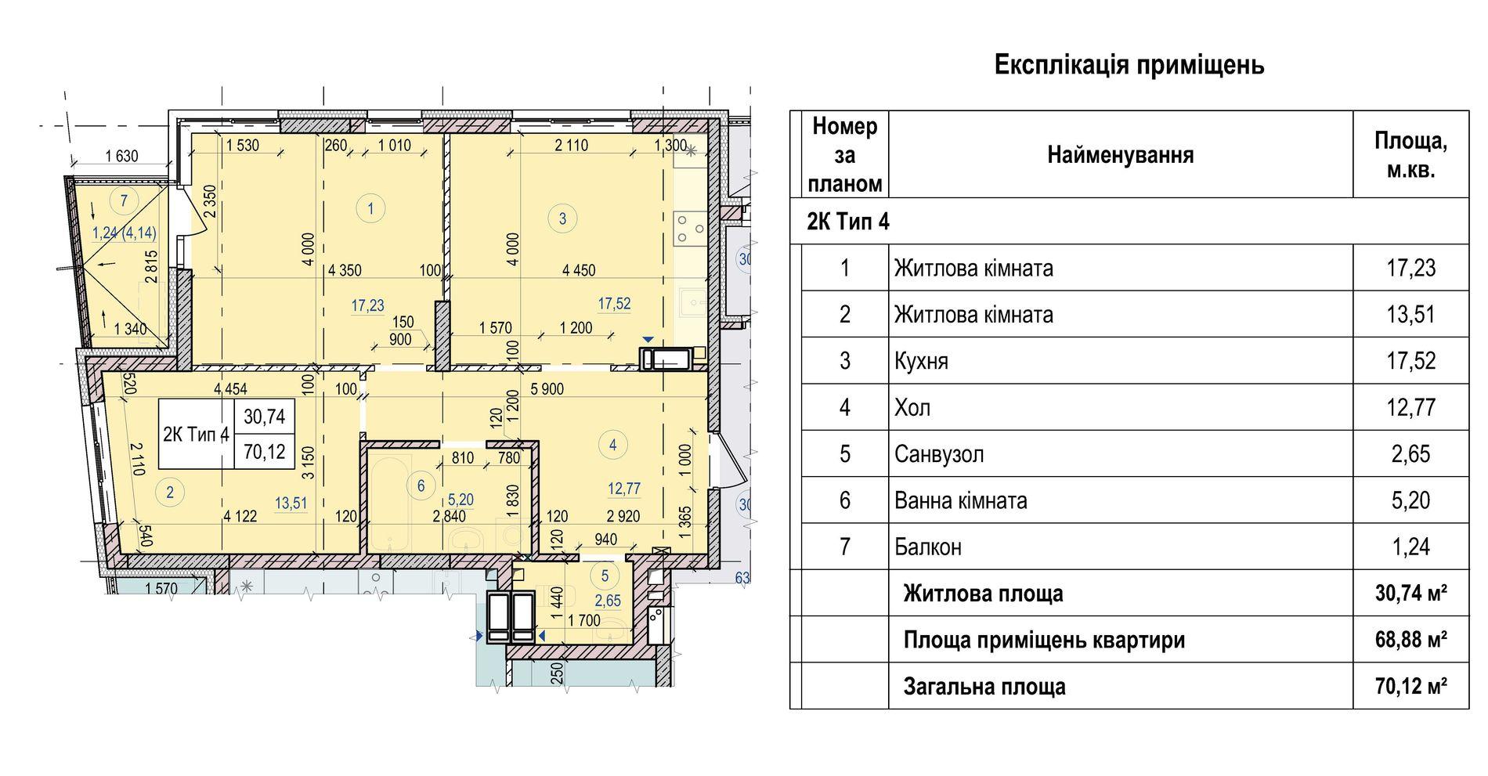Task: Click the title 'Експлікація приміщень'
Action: (1129, 65)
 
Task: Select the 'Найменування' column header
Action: (1121, 155)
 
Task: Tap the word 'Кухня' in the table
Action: (922, 362)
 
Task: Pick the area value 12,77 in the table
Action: (1411, 407)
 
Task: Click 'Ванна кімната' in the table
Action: (961, 500)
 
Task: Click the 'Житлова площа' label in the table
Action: (983, 594)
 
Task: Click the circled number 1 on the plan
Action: (370, 208)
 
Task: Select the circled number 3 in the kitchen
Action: (562, 218)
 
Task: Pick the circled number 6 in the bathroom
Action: (421, 486)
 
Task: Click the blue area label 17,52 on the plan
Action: (614, 304)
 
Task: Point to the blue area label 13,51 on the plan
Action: (291, 503)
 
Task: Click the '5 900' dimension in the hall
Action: (547, 389)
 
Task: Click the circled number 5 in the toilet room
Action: (605, 576)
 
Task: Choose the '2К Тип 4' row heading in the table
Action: (848, 222)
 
